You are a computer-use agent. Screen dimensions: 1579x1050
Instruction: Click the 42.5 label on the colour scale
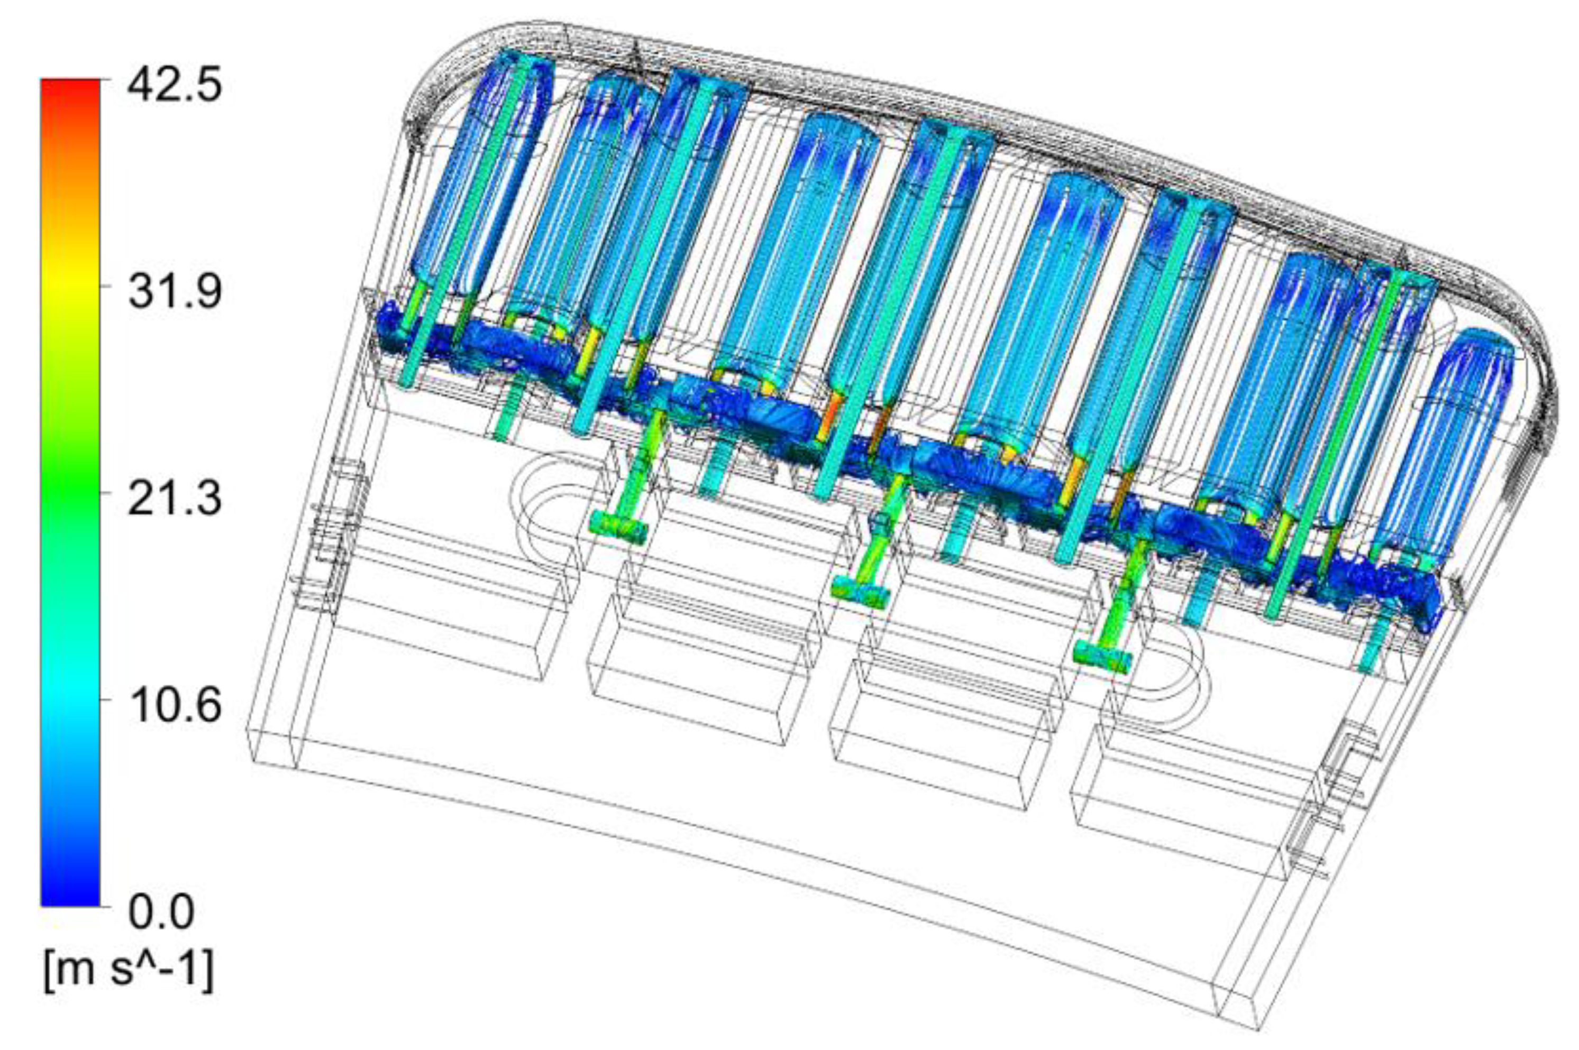(x=174, y=78)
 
